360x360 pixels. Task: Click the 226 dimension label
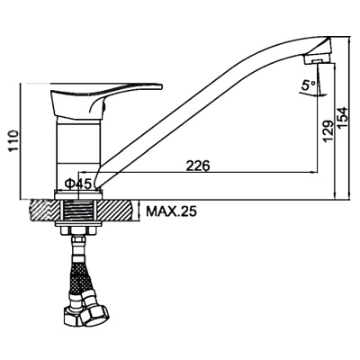(197, 166)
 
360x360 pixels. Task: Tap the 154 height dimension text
(342, 118)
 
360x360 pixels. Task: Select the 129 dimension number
(329, 130)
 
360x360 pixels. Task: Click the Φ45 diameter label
(78, 184)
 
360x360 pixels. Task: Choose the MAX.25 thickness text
(171, 211)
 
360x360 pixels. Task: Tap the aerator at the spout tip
(318, 58)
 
